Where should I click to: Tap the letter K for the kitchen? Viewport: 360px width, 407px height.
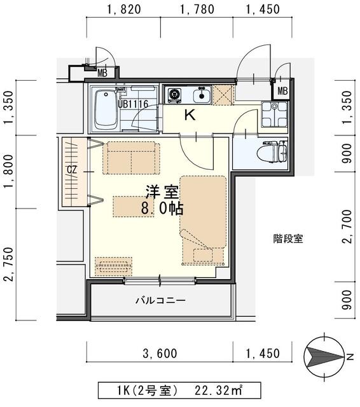[x=189, y=116]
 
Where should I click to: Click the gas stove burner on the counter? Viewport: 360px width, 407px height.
[x=174, y=96]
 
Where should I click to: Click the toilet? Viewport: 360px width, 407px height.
[x=275, y=151]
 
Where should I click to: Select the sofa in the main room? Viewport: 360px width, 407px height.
[x=131, y=156]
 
